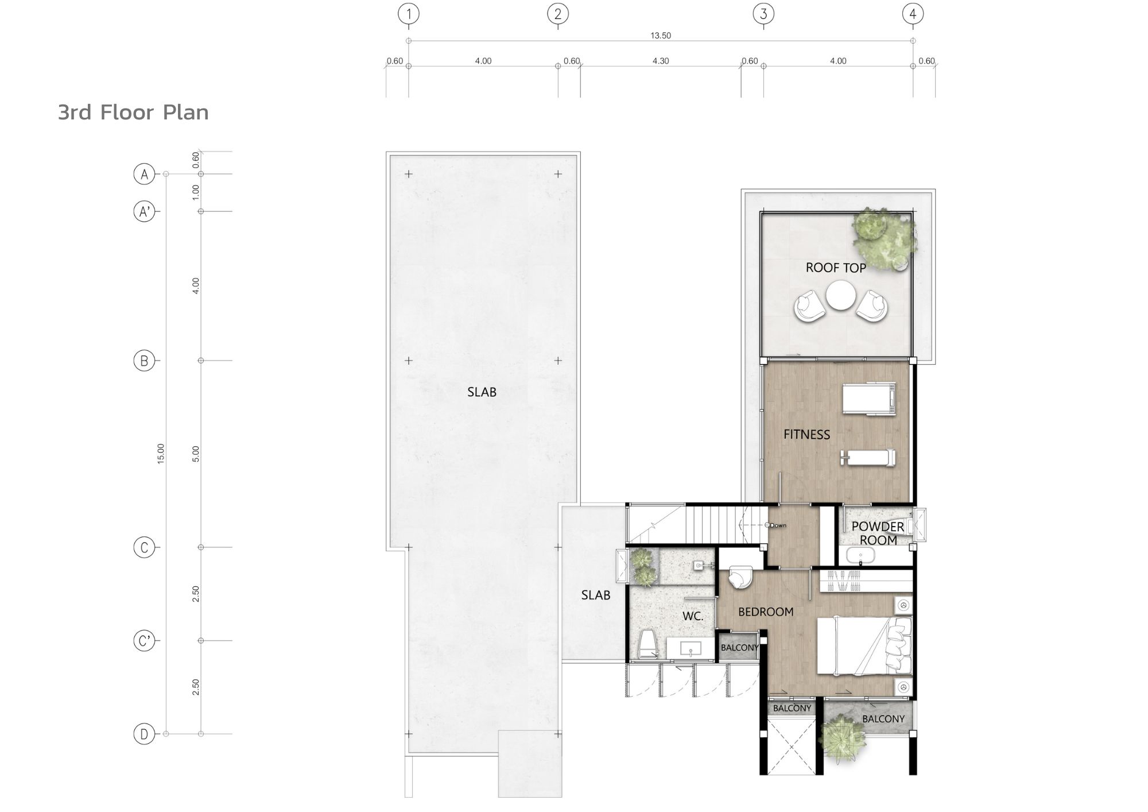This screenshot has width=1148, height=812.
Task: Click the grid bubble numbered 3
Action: (x=763, y=14)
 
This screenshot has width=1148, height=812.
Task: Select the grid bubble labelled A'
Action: (x=144, y=211)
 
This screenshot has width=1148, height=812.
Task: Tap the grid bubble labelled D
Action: (x=144, y=734)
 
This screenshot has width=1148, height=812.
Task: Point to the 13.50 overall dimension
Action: (x=661, y=36)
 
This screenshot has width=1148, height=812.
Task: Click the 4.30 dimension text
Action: (x=661, y=61)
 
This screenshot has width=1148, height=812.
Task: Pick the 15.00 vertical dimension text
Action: (x=161, y=454)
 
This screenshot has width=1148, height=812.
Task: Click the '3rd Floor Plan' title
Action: (x=133, y=113)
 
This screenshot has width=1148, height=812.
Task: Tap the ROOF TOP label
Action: (x=836, y=268)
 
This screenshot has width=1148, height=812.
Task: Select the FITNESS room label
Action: (x=806, y=435)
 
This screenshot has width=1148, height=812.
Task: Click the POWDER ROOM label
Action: (x=878, y=533)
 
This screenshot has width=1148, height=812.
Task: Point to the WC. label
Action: (x=693, y=616)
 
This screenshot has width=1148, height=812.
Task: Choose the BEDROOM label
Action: (x=766, y=612)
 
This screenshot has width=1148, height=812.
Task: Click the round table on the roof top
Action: (x=841, y=296)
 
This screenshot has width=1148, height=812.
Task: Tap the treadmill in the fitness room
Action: (x=869, y=399)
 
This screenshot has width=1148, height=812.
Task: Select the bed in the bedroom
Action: (x=864, y=645)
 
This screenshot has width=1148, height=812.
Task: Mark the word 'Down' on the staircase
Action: (x=778, y=525)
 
